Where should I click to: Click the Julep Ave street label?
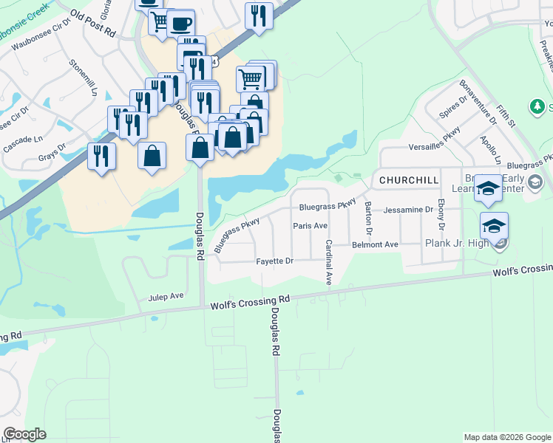[166, 296]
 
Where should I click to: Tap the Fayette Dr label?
[275, 261]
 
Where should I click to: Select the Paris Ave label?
[310, 226]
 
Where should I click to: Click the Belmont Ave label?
[375, 244]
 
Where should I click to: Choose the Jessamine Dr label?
[408, 210]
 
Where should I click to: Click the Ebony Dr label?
[441, 213]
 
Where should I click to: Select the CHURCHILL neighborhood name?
[409, 180]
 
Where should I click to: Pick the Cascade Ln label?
[24, 139]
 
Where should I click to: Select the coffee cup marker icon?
[180, 23]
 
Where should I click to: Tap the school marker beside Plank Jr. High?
[494, 225]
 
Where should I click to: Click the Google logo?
[24, 434]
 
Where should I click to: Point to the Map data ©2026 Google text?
[506, 437]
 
